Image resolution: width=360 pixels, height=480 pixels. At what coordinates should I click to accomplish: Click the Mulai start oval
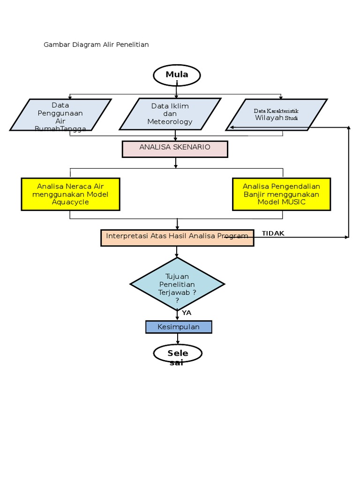click(x=177, y=75)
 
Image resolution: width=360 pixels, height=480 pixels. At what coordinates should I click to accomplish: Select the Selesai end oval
click(x=178, y=354)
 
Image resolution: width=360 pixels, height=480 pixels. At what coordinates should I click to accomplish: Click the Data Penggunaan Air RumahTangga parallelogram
click(x=60, y=114)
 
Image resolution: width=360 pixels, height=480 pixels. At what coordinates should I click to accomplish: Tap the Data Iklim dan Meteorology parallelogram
click(x=170, y=114)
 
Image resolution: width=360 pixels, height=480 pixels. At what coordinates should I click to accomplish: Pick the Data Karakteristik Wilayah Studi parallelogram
click(x=276, y=114)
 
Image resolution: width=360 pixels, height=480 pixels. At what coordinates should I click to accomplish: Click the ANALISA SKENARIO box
click(x=175, y=149)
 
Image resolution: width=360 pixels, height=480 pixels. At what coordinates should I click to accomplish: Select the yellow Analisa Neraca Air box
click(x=70, y=194)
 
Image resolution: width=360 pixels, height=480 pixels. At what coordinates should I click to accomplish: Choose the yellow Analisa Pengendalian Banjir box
click(x=281, y=194)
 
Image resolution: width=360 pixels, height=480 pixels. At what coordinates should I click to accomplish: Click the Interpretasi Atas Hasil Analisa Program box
click(x=177, y=238)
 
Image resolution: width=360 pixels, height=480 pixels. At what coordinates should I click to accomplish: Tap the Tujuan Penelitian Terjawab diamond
click(x=177, y=284)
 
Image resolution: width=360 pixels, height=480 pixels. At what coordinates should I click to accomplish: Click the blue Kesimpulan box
click(x=179, y=327)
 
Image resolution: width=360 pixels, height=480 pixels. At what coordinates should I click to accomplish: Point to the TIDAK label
click(x=273, y=233)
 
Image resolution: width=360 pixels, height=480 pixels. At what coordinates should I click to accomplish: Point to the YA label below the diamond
click(x=187, y=313)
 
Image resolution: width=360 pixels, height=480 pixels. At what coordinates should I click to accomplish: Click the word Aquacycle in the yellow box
click(x=70, y=202)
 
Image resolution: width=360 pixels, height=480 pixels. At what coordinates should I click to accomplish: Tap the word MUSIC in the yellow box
click(x=294, y=202)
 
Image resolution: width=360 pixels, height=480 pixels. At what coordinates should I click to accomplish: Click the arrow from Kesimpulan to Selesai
click(x=177, y=339)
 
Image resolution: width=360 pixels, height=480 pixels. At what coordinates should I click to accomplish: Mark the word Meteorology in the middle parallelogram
click(x=170, y=122)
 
